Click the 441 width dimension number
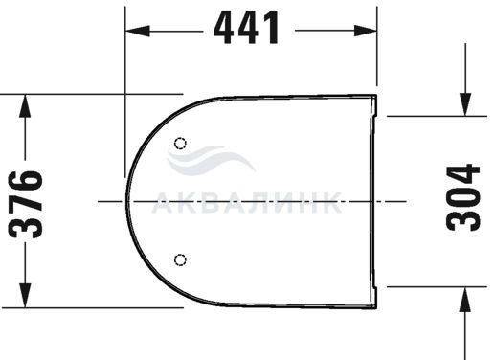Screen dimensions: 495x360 tap(246, 28)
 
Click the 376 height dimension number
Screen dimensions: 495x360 tap(26, 205)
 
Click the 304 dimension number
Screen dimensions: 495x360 tap(463, 197)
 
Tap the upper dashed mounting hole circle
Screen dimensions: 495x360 tap(180, 144)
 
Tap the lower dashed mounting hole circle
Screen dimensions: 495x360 tap(180, 259)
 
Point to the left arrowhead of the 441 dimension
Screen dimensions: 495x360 tap(138, 31)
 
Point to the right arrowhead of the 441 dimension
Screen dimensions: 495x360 tap(365, 31)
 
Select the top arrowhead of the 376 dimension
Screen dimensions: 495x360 tap(25, 106)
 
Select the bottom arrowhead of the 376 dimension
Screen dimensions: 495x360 tap(25, 295)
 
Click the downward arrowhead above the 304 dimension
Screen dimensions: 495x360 tap(465, 104)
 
